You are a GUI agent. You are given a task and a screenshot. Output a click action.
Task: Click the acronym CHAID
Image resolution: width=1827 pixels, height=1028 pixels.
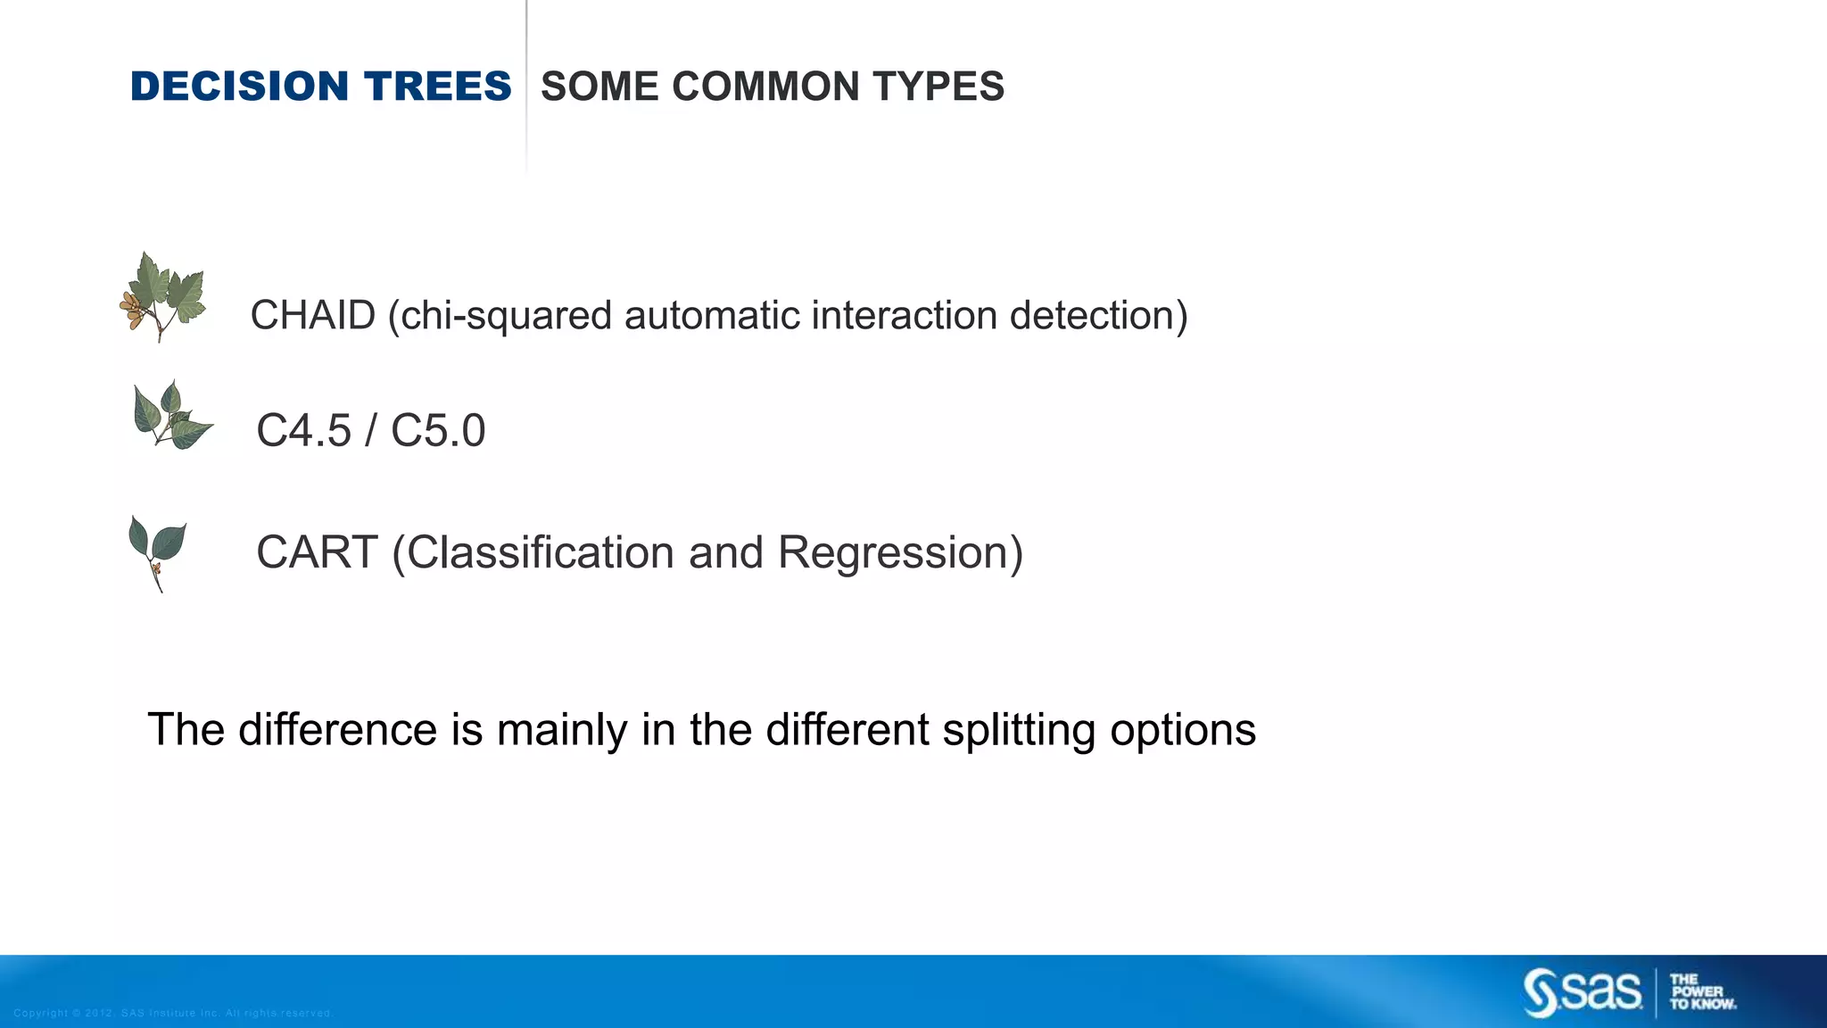click(x=312, y=316)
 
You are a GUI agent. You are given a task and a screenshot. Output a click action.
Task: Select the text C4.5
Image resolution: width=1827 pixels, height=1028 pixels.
click(x=303, y=431)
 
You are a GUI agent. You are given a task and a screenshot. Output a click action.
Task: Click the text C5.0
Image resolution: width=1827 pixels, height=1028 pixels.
click(x=438, y=431)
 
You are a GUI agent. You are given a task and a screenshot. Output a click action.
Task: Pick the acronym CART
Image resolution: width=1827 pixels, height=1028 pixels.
click(x=317, y=552)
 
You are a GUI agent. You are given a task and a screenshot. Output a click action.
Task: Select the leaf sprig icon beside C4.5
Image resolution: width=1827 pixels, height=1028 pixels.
click(x=171, y=416)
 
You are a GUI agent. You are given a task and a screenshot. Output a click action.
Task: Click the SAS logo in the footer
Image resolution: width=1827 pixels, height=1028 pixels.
click(x=1582, y=992)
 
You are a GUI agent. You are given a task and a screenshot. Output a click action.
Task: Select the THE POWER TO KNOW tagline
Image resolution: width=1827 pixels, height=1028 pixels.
click(x=1701, y=992)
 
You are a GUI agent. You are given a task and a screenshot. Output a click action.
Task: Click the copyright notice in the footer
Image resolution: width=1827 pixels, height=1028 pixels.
click(x=173, y=1013)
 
